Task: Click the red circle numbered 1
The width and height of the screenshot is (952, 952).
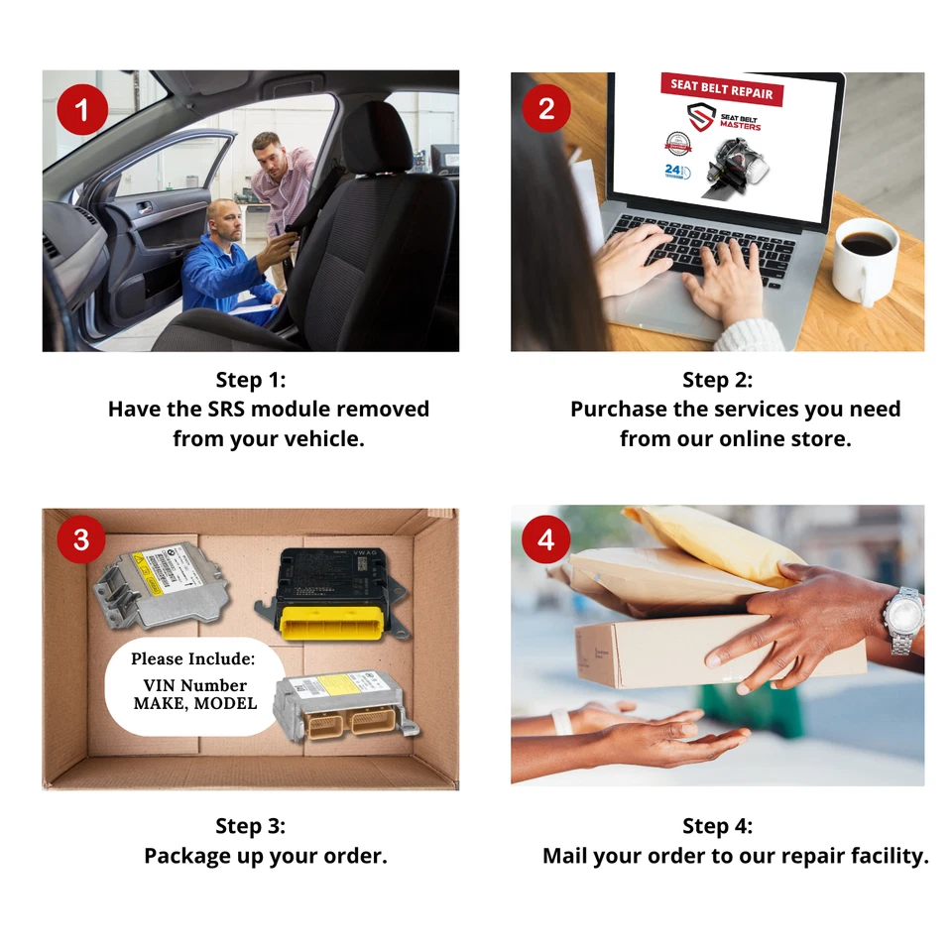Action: point(80,109)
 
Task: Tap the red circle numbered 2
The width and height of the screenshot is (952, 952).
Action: point(546,109)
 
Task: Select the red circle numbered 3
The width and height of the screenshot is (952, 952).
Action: point(80,540)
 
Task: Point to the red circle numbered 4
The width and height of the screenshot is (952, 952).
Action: point(545,540)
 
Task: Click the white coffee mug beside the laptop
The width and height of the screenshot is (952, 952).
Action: point(865,260)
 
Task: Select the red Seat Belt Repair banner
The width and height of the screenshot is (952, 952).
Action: point(722,88)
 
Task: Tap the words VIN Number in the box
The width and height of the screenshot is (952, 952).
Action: point(195,685)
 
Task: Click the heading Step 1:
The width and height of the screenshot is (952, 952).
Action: point(250,380)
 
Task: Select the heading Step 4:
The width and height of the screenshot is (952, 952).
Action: point(717,826)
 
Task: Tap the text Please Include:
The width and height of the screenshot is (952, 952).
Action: point(192,658)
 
